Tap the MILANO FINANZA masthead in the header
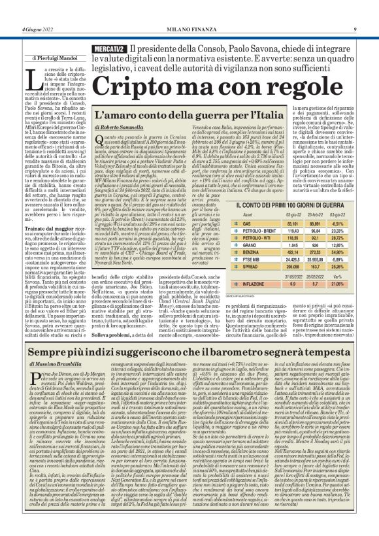tap(189, 29)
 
